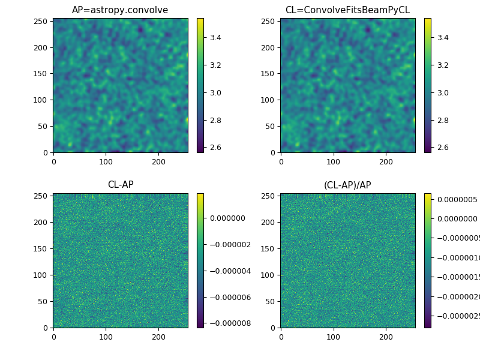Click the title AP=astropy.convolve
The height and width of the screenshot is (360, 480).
[x=120, y=10]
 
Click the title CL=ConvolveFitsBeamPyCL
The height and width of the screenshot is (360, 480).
[x=347, y=10]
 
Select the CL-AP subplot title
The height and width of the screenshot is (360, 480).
[x=120, y=185]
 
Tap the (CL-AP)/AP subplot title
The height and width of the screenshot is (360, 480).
[x=347, y=185]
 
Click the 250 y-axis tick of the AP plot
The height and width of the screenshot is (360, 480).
[x=42, y=21]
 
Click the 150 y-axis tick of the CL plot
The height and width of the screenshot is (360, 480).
[x=269, y=74]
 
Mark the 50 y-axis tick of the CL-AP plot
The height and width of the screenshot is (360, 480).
[x=44, y=301]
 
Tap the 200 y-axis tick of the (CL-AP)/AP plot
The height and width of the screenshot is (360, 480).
[x=269, y=223]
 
